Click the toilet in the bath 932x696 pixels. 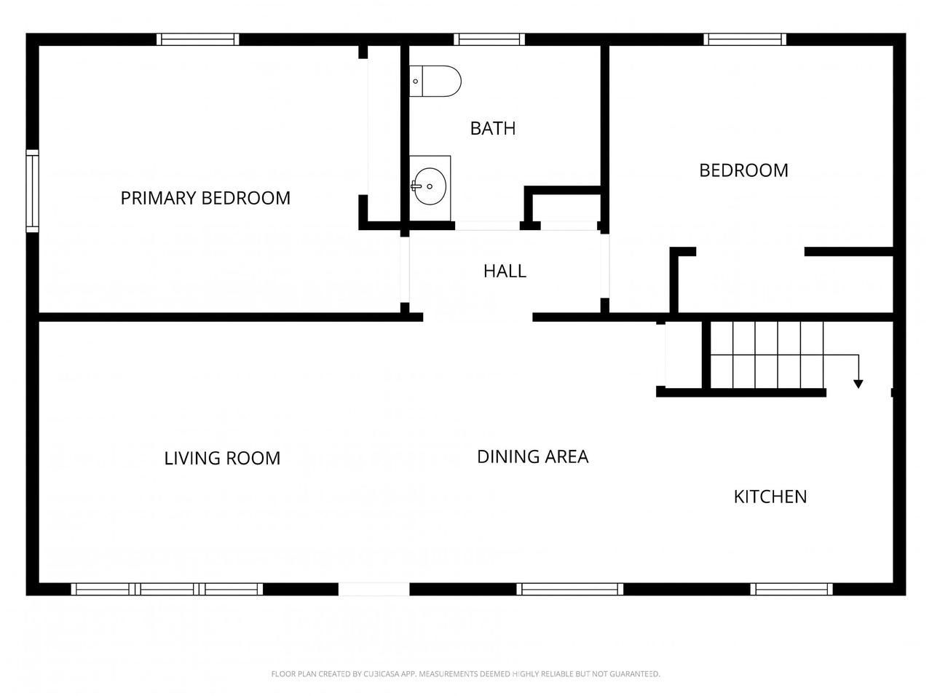(x=435, y=81)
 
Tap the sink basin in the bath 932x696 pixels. (x=430, y=186)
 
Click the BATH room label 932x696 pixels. (x=492, y=128)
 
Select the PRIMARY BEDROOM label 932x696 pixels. (x=205, y=198)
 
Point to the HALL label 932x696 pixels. (x=505, y=271)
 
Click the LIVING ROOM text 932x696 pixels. (x=222, y=459)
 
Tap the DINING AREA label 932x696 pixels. (x=532, y=456)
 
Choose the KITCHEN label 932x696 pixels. (x=770, y=497)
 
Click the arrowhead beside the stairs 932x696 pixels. (x=858, y=384)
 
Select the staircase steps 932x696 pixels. (x=767, y=355)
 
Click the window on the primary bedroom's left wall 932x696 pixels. (x=32, y=191)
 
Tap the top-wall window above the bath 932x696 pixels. (x=489, y=39)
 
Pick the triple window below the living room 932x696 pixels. (x=167, y=589)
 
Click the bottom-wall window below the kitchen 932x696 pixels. (x=791, y=589)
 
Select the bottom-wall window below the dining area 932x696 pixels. (x=570, y=589)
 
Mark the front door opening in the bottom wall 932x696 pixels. (x=374, y=589)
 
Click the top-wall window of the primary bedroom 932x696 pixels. (x=198, y=39)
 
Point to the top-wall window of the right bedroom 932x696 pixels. (x=745, y=39)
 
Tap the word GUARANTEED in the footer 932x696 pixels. (x=635, y=673)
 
